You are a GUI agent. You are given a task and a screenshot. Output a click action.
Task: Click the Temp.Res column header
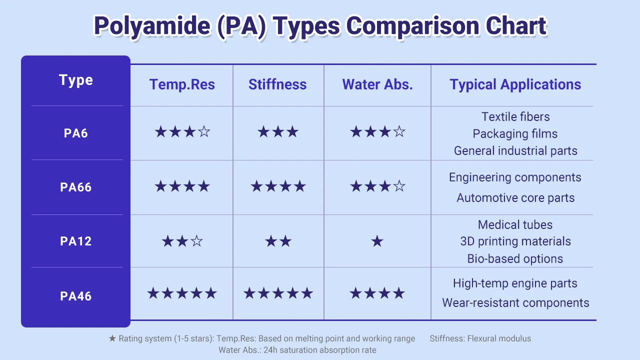click(x=182, y=84)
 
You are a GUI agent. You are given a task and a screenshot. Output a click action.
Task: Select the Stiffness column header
click(x=277, y=84)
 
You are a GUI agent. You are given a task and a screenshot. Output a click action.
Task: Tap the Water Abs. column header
click(x=377, y=84)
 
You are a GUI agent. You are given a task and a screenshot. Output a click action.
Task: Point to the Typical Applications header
click(x=515, y=84)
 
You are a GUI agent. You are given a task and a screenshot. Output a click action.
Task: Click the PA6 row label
click(x=76, y=133)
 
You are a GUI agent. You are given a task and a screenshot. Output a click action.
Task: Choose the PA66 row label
click(x=76, y=187)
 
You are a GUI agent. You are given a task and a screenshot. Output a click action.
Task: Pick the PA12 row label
click(x=76, y=241)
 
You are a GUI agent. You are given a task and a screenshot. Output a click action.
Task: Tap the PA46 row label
click(x=76, y=296)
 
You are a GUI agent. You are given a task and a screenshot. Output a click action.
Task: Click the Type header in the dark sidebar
click(x=76, y=80)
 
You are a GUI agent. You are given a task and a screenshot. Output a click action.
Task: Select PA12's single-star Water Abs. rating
click(x=377, y=242)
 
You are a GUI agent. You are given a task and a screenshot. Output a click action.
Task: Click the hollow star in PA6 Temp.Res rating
click(x=204, y=132)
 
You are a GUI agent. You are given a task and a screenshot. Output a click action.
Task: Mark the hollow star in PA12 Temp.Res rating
click(x=197, y=242)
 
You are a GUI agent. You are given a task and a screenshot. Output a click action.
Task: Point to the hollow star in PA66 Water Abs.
click(x=399, y=187)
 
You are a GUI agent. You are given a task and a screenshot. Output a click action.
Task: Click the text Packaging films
click(x=515, y=134)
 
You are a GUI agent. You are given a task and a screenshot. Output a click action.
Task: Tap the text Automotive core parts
click(x=515, y=198)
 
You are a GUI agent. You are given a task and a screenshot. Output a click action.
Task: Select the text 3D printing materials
click(x=515, y=241)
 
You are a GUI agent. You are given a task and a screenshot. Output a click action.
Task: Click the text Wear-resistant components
click(x=515, y=303)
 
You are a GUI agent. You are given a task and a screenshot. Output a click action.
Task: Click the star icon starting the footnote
click(x=112, y=338)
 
